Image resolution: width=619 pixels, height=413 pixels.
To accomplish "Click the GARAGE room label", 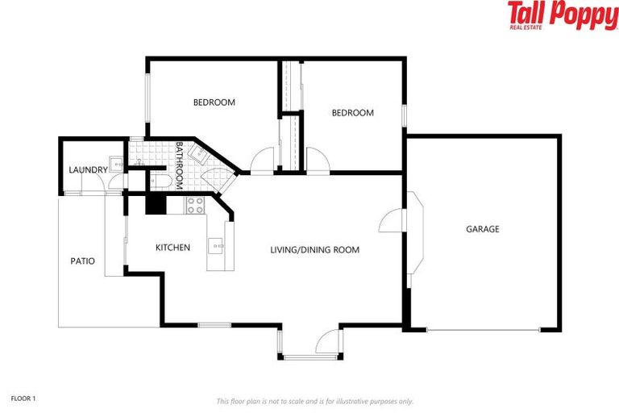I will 483,229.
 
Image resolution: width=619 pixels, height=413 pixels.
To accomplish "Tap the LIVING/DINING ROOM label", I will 314,250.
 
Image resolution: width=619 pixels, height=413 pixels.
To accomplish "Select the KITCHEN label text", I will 172,248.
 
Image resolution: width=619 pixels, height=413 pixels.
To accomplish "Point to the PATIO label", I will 82,261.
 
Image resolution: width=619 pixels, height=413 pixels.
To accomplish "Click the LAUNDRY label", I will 88,170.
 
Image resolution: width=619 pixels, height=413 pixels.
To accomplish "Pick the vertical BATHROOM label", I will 180,165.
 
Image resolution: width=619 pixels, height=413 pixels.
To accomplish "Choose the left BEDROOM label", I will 214,102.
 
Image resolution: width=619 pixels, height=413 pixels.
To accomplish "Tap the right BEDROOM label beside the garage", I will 352,113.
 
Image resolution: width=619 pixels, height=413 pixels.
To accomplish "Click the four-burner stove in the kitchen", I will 196,205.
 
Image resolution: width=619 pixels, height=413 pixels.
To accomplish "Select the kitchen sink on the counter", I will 217,244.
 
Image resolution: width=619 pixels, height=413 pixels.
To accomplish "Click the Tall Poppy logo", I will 562,15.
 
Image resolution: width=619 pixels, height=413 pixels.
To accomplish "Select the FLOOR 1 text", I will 23,398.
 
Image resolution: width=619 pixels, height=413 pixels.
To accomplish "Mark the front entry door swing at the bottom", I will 330,342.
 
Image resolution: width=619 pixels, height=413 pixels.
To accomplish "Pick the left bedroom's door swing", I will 263,161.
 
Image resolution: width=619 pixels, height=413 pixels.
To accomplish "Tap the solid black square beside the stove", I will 156,204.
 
